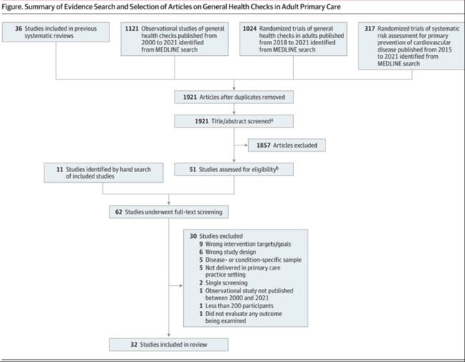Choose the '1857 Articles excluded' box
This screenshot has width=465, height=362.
(286, 146)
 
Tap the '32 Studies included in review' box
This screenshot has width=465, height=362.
(169, 345)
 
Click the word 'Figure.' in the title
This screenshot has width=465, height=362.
(16, 6)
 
